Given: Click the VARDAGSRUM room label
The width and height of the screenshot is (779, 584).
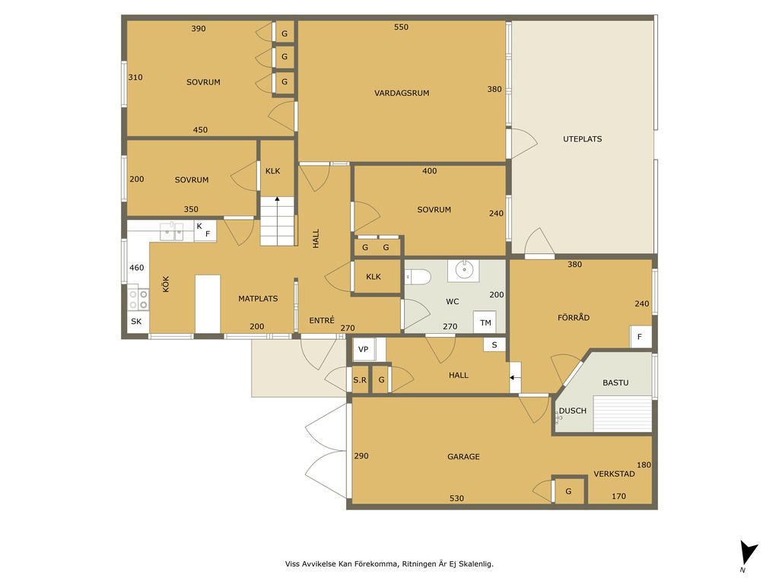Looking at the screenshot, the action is (x=402, y=93).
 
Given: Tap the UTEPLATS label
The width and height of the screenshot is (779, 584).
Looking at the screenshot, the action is (x=582, y=139).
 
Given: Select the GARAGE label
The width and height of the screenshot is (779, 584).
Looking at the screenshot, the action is (x=463, y=456).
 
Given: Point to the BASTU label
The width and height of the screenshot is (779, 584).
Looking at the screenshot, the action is (x=615, y=382).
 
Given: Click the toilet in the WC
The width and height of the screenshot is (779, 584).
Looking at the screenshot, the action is (x=418, y=277).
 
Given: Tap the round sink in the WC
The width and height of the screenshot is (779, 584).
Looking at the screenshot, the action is (x=463, y=271).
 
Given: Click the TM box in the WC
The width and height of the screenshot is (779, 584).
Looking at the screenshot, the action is (x=485, y=322).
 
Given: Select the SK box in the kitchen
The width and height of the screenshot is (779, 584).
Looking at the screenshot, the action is (x=137, y=322).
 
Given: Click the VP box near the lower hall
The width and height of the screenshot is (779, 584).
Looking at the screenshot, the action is (x=364, y=349).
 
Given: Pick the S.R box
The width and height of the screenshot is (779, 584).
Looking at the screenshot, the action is (x=360, y=380).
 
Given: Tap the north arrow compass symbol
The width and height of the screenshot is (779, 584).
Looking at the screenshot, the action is (x=749, y=554).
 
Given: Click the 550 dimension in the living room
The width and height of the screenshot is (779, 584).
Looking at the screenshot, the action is (x=402, y=27).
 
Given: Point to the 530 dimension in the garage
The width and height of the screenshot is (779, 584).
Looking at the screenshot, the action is (x=456, y=498).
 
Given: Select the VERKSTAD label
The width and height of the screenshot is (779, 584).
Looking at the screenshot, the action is (x=614, y=474).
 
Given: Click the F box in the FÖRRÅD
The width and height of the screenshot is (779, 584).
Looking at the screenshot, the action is (x=640, y=337).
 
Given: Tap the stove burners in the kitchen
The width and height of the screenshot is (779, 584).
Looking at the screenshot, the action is (x=138, y=299).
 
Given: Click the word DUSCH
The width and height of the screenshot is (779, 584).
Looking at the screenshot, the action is (x=573, y=411).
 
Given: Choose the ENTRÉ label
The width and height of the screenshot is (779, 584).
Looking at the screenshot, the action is (x=322, y=320).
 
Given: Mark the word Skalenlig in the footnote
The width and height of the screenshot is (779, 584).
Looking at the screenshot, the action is (x=475, y=563).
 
